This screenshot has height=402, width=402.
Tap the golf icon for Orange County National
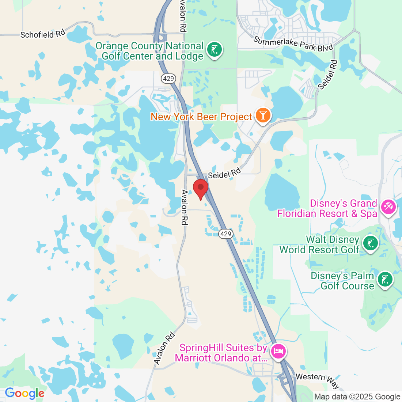click(x=215, y=49)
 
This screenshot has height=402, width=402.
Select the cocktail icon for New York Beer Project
click(x=263, y=115)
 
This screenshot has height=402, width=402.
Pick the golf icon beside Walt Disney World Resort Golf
click(x=371, y=243)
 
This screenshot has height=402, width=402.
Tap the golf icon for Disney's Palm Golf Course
click(x=385, y=280)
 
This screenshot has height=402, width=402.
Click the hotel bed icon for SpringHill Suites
click(x=278, y=352)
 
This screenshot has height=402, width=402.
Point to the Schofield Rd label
click(x=42, y=34)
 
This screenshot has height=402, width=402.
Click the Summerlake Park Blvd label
click(x=293, y=43)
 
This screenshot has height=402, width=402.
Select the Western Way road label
click(x=318, y=380)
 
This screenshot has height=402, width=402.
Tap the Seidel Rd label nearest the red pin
click(x=224, y=173)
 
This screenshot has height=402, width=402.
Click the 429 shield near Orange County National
click(x=169, y=78)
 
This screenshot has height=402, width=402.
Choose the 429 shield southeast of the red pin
click(x=226, y=234)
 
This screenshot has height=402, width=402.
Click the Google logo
click(x=24, y=394)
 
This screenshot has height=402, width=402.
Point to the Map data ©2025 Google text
click(x=357, y=397)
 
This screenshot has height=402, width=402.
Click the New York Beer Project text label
click(x=201, y=117)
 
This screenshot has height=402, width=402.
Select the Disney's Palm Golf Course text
click(x=342, y=281)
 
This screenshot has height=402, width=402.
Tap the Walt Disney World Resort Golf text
click(x=319, y=244)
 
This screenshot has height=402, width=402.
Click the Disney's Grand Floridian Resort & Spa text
click(x=327, y=208)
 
